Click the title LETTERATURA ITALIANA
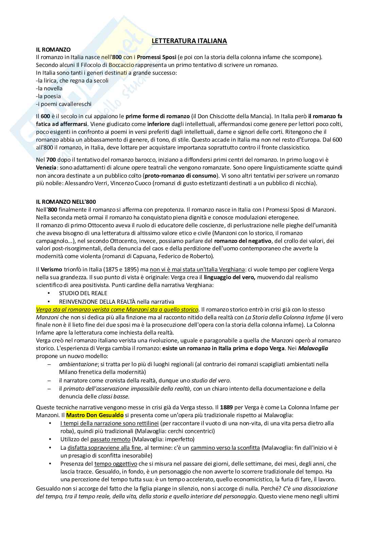point(189,41)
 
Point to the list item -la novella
point(49,88)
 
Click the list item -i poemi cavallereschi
point(64,104)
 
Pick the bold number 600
point(46,117)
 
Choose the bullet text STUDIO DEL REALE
point(83,293)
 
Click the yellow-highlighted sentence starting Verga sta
point(117,309)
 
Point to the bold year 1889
point(227,407)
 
